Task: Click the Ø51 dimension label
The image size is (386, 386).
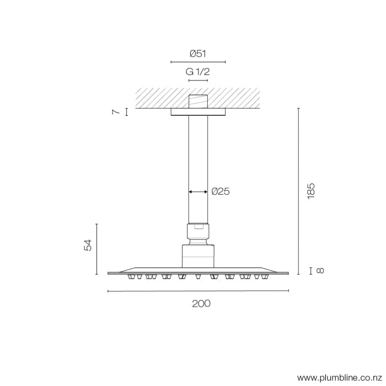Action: pyautogui.click(x=198, y=53)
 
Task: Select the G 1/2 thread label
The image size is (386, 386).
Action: pyautogui.click(x=198, y=72)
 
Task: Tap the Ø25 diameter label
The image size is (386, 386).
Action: pyautogui.click(x=220, y=192)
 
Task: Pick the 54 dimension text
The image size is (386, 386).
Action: pyautogui.click(x=88, y=246)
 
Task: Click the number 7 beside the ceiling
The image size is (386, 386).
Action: pyautogui.click(x=116, y=112)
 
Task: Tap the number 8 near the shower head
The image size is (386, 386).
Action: pyautogui.click(x=321, y=270)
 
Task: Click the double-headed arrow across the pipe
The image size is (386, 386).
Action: pyautogui.click(x=198, y=192)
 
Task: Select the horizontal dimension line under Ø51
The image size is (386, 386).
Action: pyautogui.click(x=198, y=62)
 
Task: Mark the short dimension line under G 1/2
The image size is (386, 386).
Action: pyautogui.click(x=198, y=81)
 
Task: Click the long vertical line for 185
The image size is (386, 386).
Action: pyautogui.click(x=298, y=191)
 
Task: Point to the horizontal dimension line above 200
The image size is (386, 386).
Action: pyautogui.click(x=198, y=291)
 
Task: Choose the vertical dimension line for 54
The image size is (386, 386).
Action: pyautogui.click(x=96, y=249)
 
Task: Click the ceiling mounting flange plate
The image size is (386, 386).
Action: pyautogui.click(x=198, y=112)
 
